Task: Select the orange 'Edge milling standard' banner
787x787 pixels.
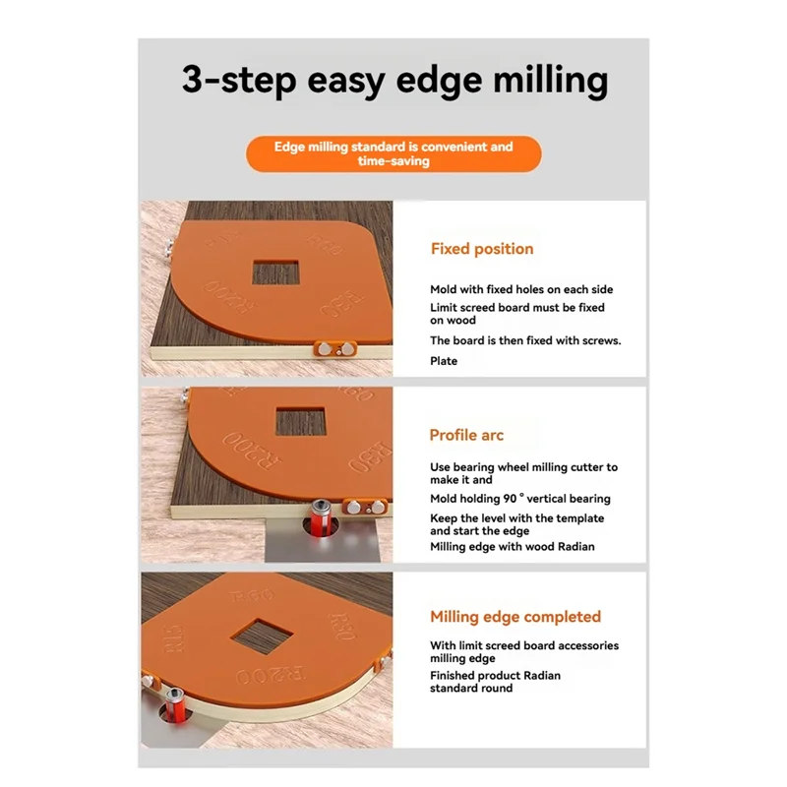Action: (x=393, y=153)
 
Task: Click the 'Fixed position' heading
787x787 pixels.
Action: (x=482, y=249)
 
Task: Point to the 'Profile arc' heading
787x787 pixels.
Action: (x=466, y=435)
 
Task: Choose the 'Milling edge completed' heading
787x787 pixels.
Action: (x=515, y=617)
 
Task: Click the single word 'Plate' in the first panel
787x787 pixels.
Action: (x=444, y=361)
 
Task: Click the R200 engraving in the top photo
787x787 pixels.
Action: (x=222, y=292)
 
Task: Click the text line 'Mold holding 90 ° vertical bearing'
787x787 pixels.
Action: (x=519, y=499)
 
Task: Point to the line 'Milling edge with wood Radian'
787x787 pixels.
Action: (x=512, y=547)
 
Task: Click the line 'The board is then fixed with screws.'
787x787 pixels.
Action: (x=525, y=341)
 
